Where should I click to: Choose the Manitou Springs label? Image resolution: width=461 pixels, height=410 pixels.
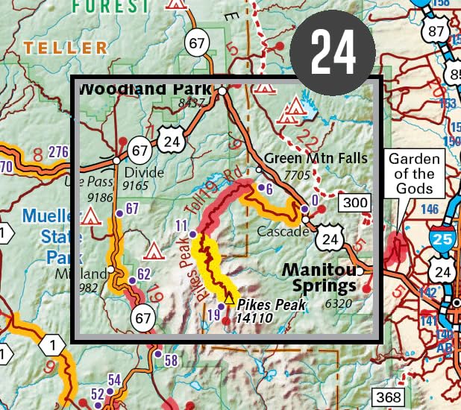point(324,277)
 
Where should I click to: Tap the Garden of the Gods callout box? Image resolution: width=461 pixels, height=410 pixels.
point(415,173)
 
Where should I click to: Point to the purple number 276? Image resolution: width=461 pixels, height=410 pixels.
point(58,152)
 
